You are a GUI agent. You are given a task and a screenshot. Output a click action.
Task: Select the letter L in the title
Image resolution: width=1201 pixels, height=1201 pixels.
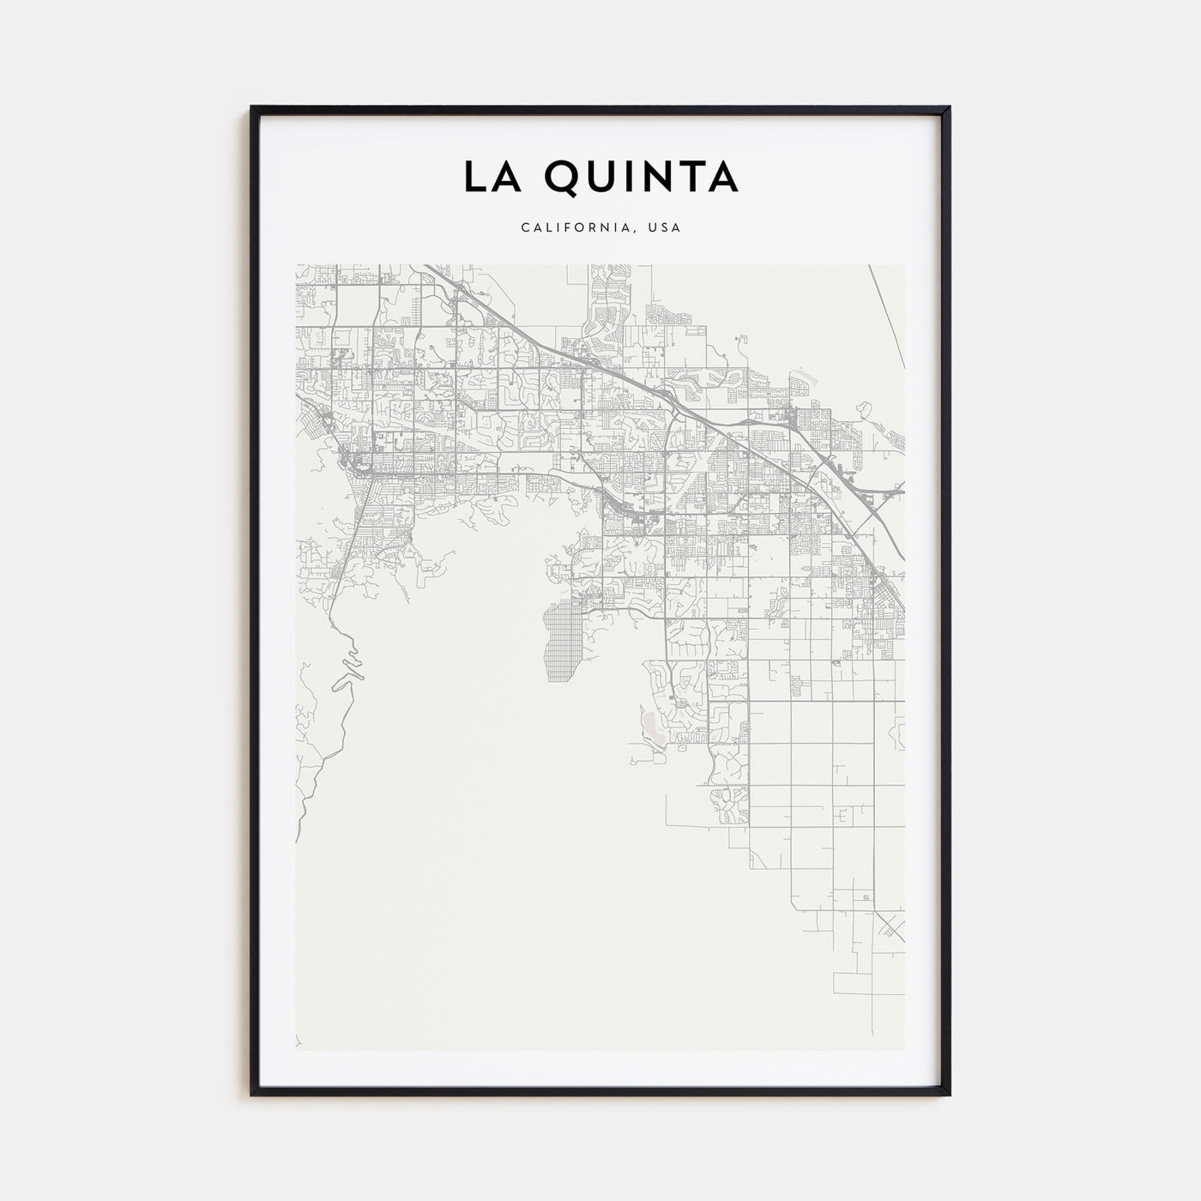tap(474, 177)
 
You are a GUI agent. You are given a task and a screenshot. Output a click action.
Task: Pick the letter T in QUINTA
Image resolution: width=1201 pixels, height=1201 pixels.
tap(693, 177)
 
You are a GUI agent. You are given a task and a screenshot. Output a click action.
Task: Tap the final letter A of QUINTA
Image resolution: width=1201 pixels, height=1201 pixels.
tap(723, 177)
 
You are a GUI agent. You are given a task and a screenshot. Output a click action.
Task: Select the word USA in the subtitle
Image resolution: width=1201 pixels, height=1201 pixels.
tap(666, 228)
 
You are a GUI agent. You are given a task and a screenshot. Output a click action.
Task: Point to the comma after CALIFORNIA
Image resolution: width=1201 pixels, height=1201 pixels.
tap(639, 232)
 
